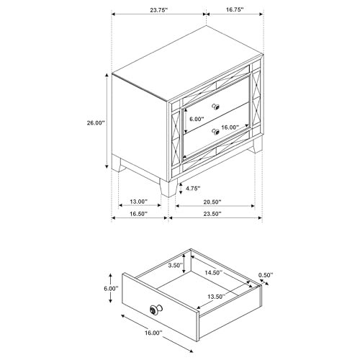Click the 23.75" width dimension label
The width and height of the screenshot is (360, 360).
(158, 10)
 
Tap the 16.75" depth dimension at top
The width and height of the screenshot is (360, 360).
(235, 9)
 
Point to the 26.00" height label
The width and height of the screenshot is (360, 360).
(96, 123)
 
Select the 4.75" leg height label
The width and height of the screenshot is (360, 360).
(193, 189)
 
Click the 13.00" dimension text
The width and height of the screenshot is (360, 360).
(138, 202)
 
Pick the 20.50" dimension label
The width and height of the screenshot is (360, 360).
(212, 202)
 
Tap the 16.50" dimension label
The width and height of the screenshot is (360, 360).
(138, 214)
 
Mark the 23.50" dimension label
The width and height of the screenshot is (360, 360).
(212, 214)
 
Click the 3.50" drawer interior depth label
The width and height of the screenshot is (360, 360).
(176, 265)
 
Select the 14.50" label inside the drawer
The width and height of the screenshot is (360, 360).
(214, 273)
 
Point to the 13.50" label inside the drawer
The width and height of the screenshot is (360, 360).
(217, 297)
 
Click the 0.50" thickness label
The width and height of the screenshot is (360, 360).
(266, 275)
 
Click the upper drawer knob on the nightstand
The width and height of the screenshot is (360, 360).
(215, 107)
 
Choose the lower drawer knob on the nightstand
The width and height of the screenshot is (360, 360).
(215, 131)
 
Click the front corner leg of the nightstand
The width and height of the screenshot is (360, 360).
(168, 188)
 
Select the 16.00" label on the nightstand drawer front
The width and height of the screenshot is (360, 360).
(230, 127)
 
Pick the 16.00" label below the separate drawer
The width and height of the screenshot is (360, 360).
(153, 333)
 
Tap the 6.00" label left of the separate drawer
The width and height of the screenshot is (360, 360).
(111, 289)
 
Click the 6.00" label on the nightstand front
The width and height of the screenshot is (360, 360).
(197, 119)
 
